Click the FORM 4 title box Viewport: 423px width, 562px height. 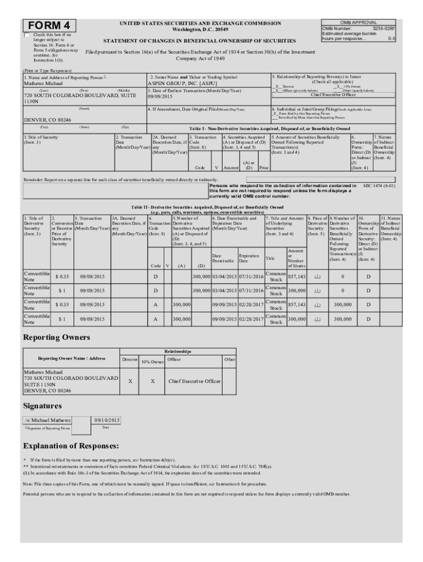click(49, 26)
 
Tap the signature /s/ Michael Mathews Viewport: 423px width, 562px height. click(48, 420)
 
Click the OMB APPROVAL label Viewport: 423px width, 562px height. click(358, 23)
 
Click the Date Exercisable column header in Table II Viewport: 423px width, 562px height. click(224, 258)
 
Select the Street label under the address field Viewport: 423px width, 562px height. click(84, 109)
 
